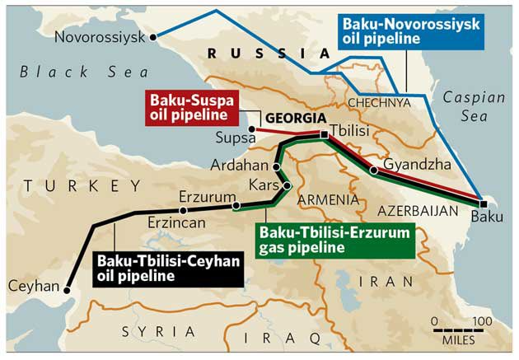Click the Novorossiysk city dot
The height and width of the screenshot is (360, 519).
tap(153, 36)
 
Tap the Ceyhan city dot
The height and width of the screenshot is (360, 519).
tap(68, 289)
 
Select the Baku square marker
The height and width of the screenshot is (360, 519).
tap(484, 203)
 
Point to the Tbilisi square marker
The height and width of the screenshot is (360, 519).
tap(325, 133)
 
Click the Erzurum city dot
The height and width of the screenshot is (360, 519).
tap(236, 205)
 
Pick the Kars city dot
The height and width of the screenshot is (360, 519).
tap(287, 186)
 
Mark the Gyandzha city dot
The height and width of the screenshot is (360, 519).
tap(373, 171)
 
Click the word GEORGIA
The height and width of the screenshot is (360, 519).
tap(293, 117)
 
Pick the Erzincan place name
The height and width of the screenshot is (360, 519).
tap(177, 222)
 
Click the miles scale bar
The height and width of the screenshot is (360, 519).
tap(459, 329)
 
